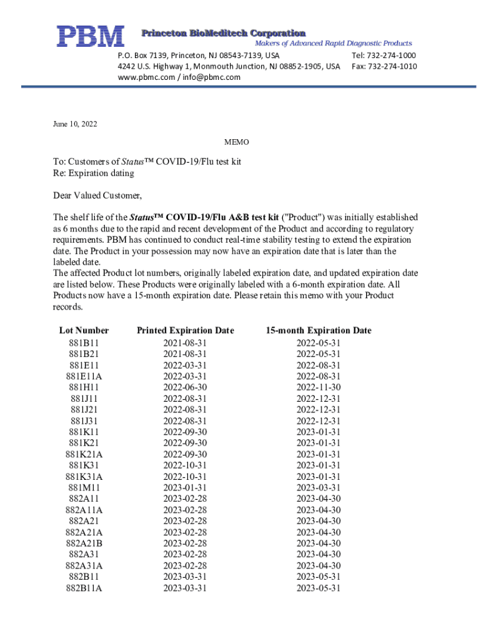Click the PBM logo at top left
pyautogui.click(x=91, y=36)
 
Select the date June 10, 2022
pyautogui.click(x=75, y=124)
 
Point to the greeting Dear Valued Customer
pyautogui.click(x=97, y=195)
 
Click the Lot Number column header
pyautogui.click(x=84, y=331)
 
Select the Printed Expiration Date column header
pyautogui.click(x=185, y=331)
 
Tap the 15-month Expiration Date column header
pyautogui.click(x=318, y=331)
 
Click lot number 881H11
pyautogui.click(x=84, y=387)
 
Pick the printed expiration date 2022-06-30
pyautogui.click(x=185, y=387)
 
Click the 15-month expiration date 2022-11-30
pyautogui.click(x=318, y=387)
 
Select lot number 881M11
pyautogui.click(x=84, y=487)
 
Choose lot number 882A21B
pyautogui.click(x=84, y=543)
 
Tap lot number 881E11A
pyautogui.click(x=84, y=376)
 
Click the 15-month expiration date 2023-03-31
pyautogui.click(x=318, y=487)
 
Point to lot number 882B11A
pyautogui.click(x=84, y=588)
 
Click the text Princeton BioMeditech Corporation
pyautogui.click(x=223, y=32)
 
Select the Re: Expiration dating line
pyautogui.click(x=93, y=173)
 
